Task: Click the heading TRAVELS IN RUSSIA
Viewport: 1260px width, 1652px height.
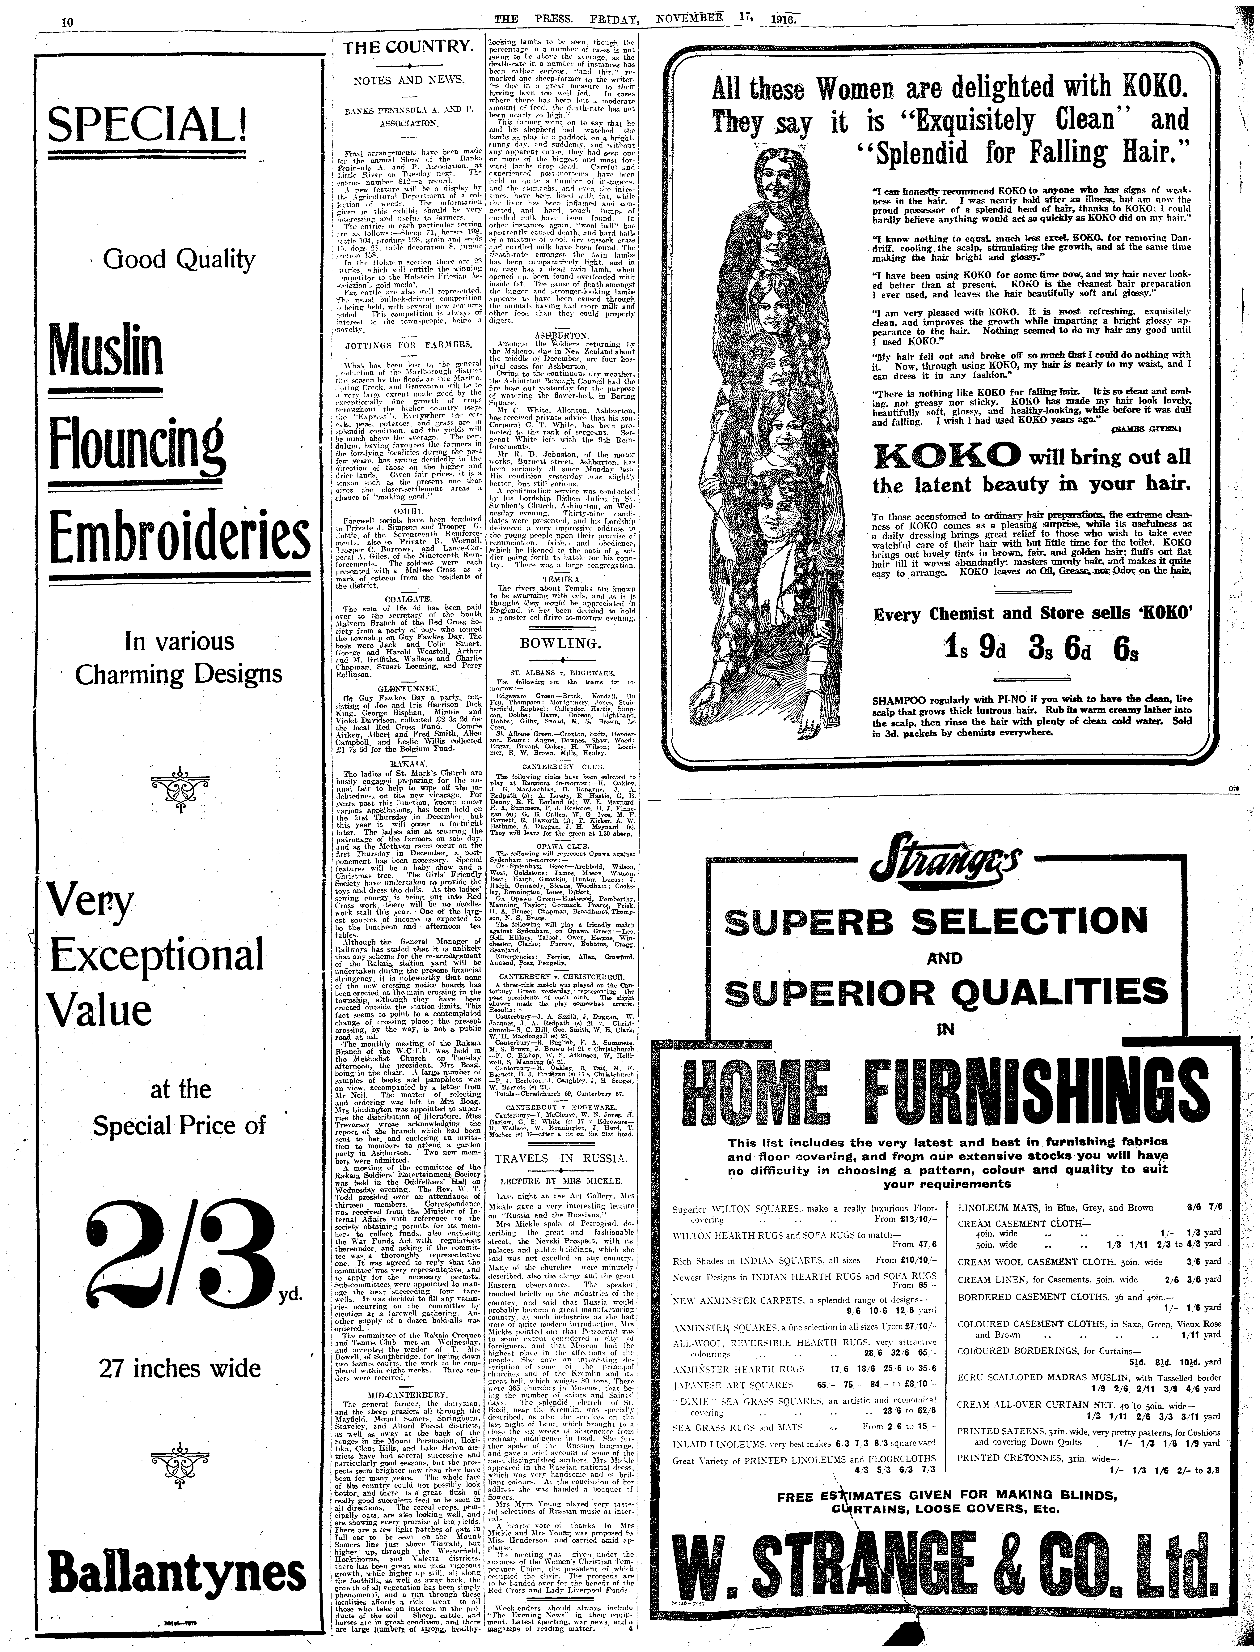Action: coord(561,1159)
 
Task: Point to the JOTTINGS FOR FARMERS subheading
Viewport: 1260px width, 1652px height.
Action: coord(407,346)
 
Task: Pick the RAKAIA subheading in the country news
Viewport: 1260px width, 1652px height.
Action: coord(407,763)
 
